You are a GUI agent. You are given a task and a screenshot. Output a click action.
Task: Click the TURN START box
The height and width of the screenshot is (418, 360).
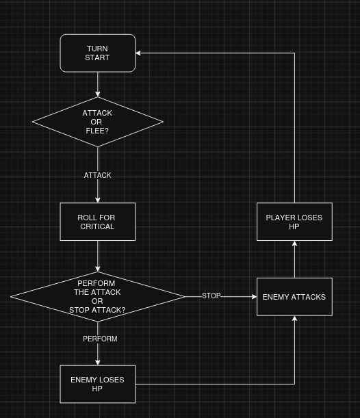(98, 53)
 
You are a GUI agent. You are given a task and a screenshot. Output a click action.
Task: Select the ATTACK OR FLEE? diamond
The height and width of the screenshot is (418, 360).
(98, 122)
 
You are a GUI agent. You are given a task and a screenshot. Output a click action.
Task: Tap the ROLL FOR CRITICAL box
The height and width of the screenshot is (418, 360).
(98, 222)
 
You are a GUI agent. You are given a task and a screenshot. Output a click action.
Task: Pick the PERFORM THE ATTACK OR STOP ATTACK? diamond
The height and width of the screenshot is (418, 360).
(98, 297)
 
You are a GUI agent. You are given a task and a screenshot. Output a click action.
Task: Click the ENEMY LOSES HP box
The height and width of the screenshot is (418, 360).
(98, 384)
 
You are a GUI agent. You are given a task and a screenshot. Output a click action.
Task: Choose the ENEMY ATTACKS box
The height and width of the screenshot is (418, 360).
(294, 297)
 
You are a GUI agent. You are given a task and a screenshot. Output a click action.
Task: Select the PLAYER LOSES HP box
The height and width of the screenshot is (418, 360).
(294, 222)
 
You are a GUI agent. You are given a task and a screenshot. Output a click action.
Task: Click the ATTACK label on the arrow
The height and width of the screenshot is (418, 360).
(98, 175)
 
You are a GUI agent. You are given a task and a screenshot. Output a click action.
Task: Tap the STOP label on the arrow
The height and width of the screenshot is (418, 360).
(211, 296)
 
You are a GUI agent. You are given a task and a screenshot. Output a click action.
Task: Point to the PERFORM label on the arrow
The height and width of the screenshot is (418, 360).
(100, 339)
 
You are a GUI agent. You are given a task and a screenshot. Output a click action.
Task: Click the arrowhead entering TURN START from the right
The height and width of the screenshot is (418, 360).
(138, 53)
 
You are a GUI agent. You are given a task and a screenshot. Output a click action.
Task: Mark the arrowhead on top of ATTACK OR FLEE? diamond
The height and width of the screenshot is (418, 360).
(98, 94)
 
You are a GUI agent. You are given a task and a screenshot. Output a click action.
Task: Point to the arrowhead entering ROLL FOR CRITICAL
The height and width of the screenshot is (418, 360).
(98, 200)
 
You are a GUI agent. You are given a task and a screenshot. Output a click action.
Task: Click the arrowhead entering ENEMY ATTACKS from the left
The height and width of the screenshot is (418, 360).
(254, 297)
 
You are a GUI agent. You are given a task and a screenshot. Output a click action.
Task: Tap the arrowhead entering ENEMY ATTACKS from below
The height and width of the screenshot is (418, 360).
(294, 318)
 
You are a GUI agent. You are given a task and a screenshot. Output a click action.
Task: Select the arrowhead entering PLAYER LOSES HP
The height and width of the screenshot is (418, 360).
(294, 244)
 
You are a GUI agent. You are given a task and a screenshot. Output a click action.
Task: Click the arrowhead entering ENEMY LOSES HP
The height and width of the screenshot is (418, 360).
(98, 363)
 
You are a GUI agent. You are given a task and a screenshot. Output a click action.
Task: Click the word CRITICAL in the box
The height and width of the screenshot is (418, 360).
(97, 226)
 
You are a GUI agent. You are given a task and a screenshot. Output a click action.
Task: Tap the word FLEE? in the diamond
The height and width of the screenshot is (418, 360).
(97, 131)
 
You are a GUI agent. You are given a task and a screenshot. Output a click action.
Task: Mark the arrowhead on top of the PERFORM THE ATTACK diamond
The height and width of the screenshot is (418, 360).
(98, 269)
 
